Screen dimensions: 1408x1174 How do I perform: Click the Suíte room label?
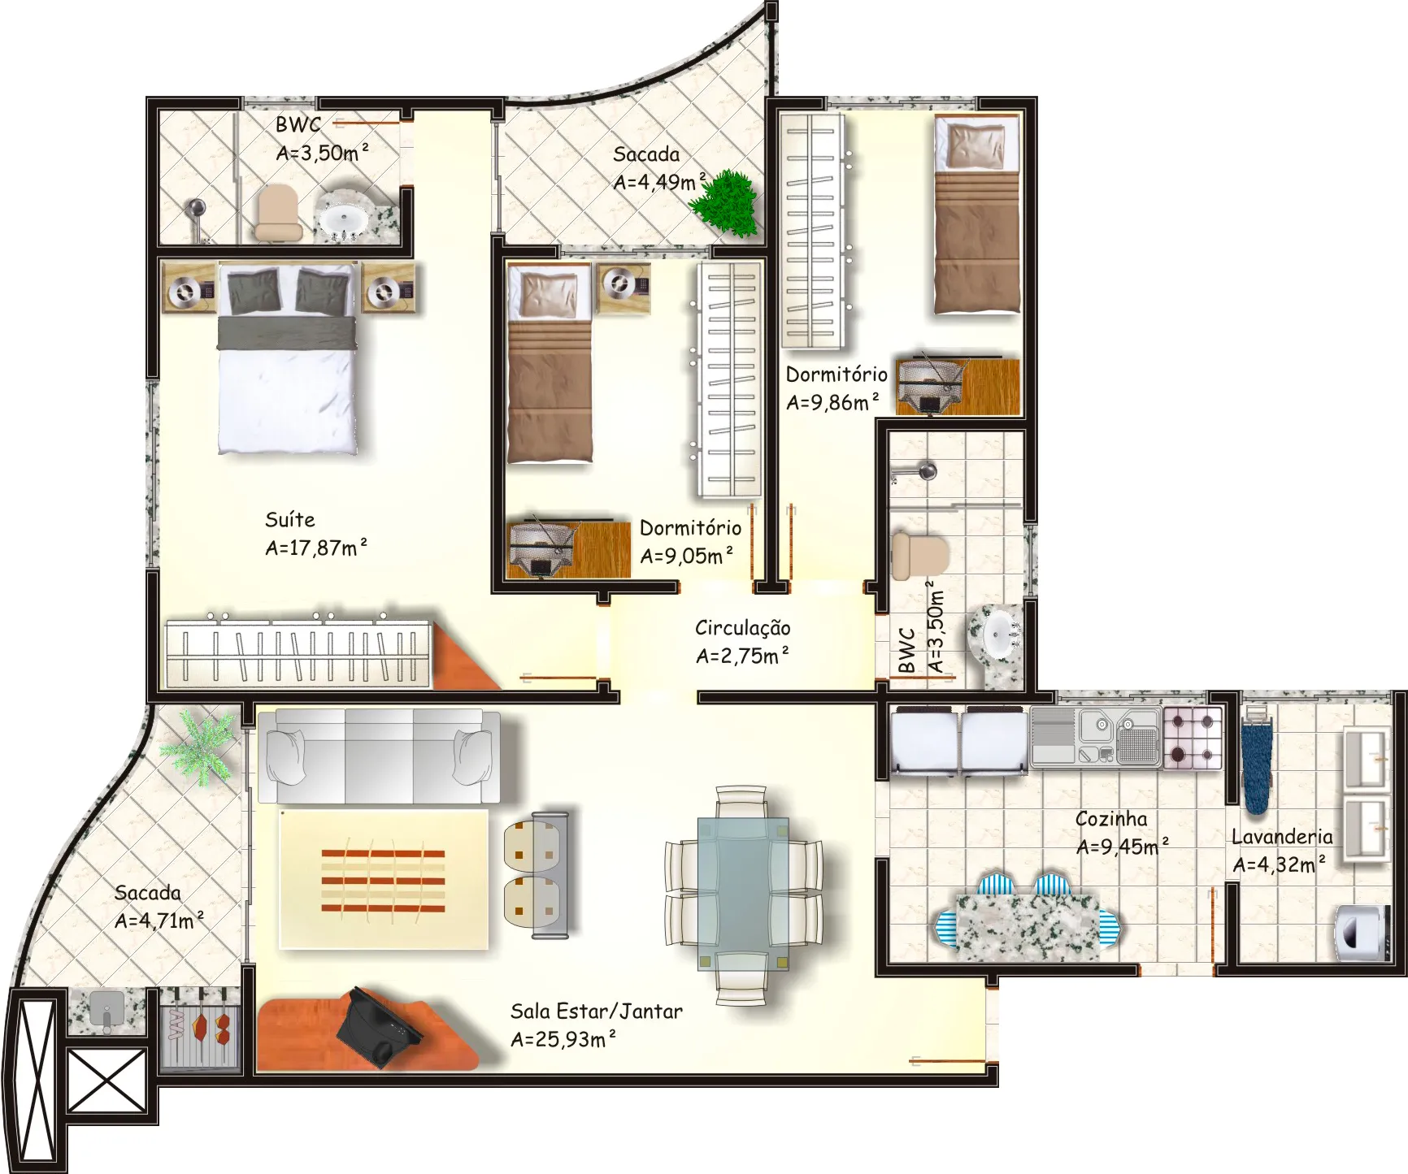(x=289, y=519)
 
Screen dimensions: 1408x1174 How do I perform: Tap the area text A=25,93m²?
(x=563, y=1039)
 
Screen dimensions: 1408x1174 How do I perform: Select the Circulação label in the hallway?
(x=742, y=627)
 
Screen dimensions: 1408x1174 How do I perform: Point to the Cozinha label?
(x=1111, y=819)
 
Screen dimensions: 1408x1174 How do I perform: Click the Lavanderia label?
(x=1282, y=837)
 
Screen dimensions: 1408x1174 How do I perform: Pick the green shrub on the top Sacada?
(x=726, y=202)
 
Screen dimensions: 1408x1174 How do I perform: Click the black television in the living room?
(x=378, y=1028)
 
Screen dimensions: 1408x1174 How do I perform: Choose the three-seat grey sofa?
(x=379, y=756)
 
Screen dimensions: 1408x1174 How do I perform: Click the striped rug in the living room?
(x=383, y=879)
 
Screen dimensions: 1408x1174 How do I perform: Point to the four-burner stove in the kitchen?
(x=1193, y=739)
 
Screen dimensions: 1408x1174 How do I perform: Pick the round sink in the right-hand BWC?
(x=997, y=635)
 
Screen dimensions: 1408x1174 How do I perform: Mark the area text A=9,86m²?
(x=832, y=402)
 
